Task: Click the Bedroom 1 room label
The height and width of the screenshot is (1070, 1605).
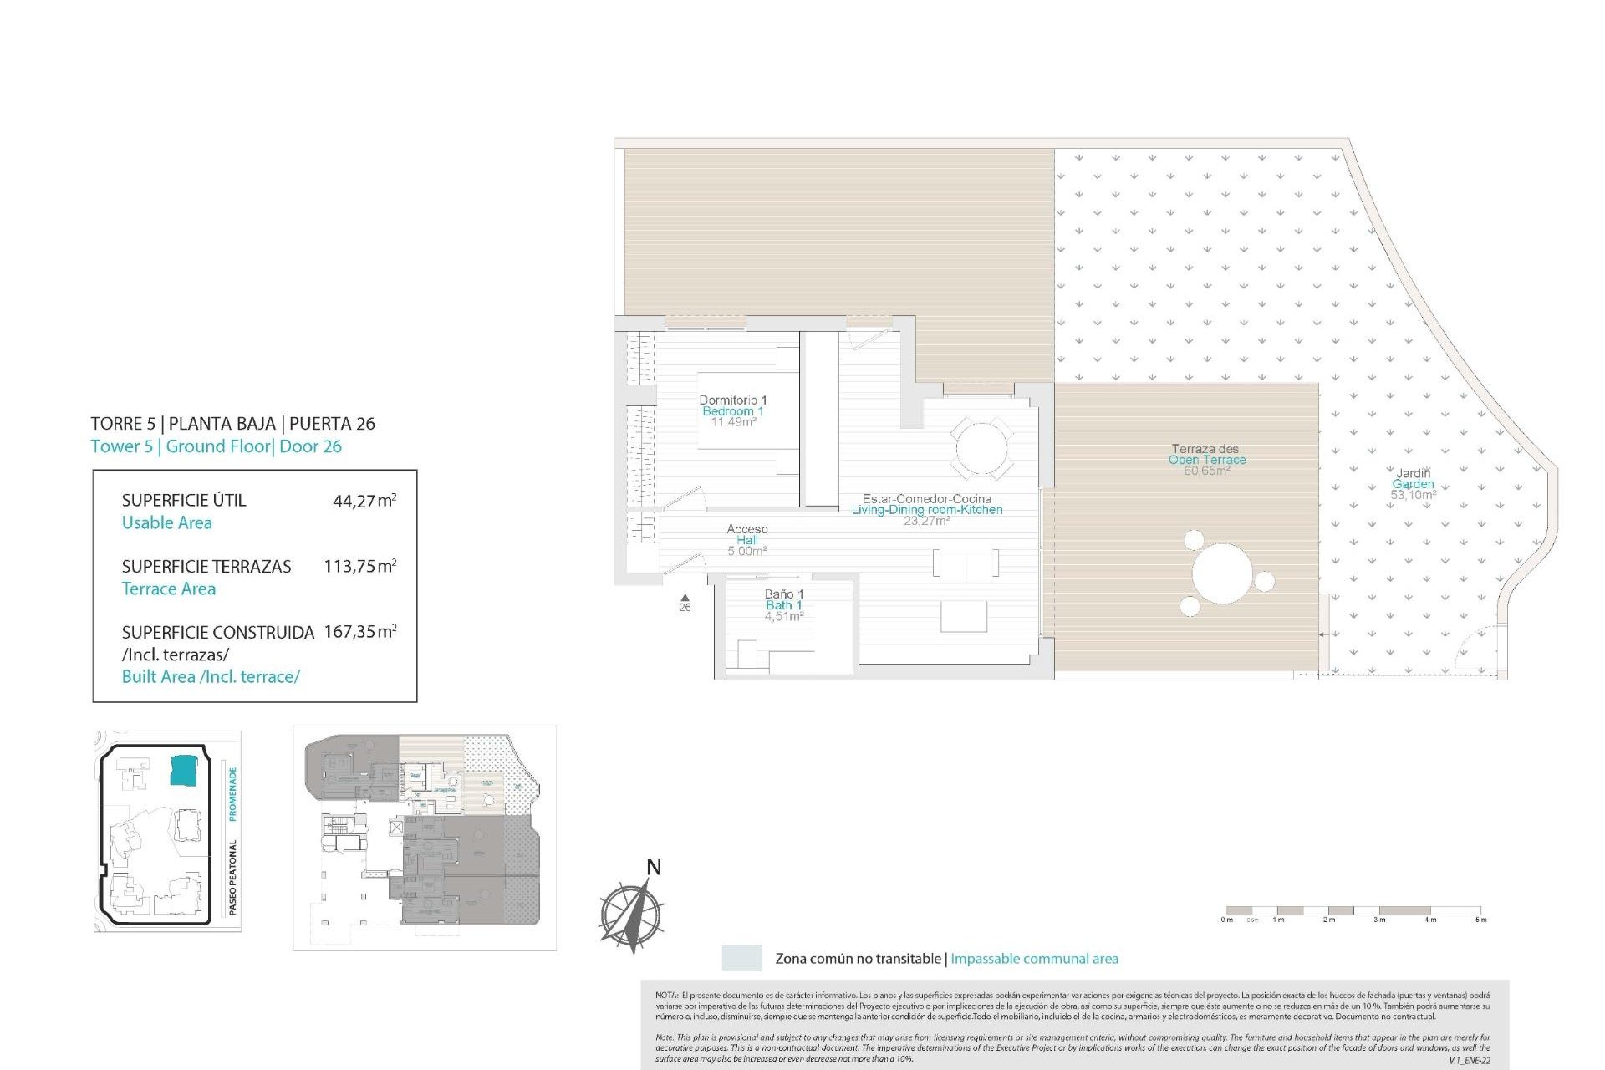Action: tap(732, 411)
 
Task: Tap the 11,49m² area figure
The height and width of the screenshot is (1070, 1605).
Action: tap(733, 422)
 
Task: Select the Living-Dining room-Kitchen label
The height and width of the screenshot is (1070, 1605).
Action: tap(926, 509)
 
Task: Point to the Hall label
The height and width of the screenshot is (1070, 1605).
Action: tap(746, 540)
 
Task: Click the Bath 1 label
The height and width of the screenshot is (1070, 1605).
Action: tap(783, 605)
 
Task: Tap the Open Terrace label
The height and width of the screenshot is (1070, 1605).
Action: tap(1206, 460)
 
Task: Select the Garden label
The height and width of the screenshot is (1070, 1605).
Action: tap(1413, 484)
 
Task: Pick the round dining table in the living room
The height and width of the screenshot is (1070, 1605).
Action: tap(981, 449)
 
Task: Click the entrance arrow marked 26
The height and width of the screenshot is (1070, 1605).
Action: tap(685, 597)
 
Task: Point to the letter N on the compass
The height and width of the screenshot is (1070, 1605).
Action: tap(654, 868)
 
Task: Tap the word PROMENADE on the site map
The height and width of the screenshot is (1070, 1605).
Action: tap(232, 793)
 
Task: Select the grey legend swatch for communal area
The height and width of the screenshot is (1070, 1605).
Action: tap(741, 958)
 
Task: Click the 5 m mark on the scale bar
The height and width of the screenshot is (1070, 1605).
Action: tap(1480, 920)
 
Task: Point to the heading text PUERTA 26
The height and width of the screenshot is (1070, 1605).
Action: tap(332, 424)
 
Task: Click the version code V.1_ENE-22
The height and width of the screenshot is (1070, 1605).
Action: tap(1469, 1060)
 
